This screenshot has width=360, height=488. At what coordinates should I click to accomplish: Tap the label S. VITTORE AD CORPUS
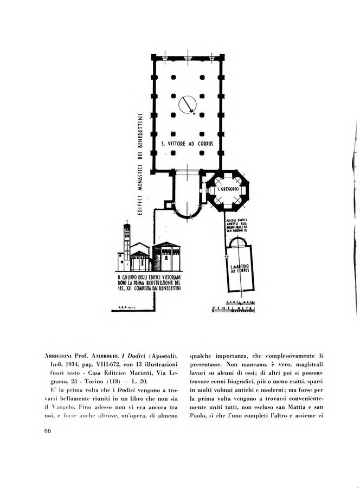188,144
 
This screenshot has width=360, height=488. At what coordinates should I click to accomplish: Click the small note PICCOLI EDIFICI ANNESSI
238,222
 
